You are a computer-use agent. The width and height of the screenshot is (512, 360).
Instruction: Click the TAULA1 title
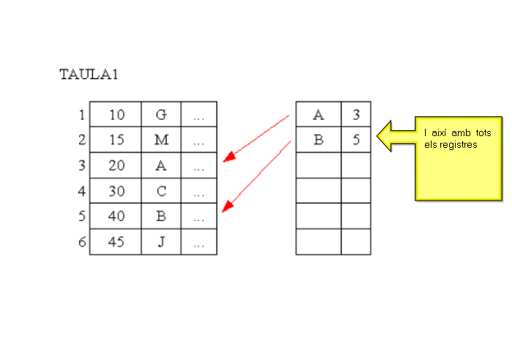(89, 75)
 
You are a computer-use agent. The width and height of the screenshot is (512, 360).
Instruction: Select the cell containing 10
(116, 115)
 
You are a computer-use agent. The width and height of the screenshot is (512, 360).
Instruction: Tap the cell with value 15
(116, 140)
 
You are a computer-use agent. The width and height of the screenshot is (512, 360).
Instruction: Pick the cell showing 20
(116, 165)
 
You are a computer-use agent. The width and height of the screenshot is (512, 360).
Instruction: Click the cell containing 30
(116, 191)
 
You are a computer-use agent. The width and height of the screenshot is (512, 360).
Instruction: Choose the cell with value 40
(116, 217)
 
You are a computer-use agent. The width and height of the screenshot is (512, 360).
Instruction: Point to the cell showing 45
(116, 242)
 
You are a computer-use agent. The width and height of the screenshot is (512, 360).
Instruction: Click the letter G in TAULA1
(162, 115)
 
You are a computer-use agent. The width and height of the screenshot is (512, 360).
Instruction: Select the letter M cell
(162, 140)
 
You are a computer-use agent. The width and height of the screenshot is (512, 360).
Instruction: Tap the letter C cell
(162, 191)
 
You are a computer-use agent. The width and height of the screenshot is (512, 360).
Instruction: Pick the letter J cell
(162, 242)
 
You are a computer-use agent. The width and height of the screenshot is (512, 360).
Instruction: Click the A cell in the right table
(318, 115)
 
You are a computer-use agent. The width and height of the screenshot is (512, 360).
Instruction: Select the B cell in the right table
(318, 140)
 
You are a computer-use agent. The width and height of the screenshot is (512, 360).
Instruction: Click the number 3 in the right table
(355, 115)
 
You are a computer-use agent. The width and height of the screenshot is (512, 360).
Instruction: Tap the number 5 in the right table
(355, 140)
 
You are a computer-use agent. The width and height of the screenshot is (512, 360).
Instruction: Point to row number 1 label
(81, 115)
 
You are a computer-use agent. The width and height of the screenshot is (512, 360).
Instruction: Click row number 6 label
(82, 242)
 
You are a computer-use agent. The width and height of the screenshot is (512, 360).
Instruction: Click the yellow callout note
(457, 157)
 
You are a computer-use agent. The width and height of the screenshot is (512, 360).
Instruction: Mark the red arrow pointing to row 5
(256, 176)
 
